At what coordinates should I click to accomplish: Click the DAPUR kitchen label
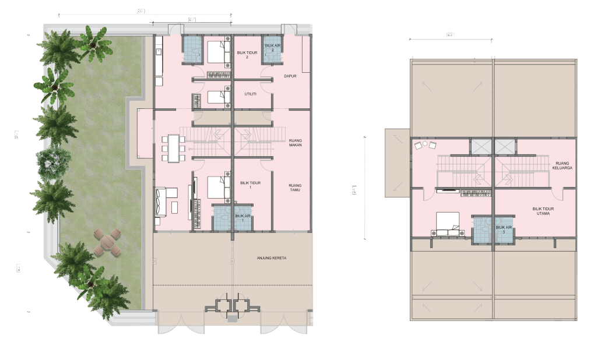(x=290, y=76)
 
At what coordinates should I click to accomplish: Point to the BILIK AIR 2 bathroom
(x=272, y=47)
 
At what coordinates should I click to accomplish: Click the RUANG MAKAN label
(x=294, y=143)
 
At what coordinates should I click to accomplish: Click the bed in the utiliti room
(x=219, y=97)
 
